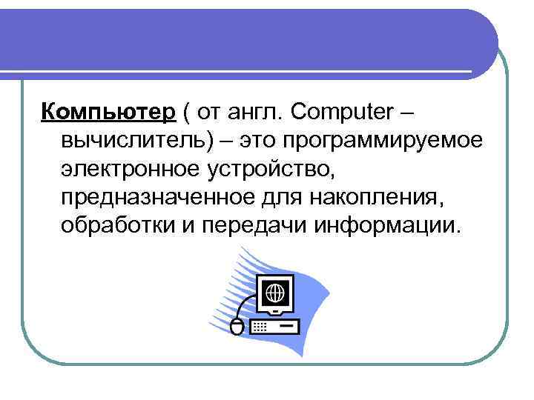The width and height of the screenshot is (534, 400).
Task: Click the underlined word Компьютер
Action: pyautogui.click(x=108, y=111)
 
